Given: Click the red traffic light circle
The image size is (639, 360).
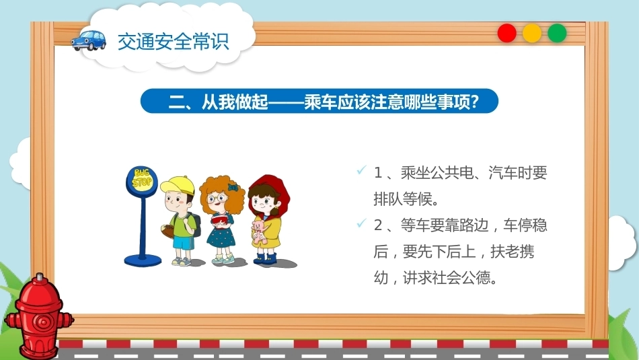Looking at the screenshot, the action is pos(507,33).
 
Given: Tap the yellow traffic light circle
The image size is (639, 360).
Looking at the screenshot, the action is pos(532,33).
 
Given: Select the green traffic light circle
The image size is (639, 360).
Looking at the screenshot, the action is pos(557,33).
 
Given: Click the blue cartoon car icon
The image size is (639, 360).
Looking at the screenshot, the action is pos(88,40).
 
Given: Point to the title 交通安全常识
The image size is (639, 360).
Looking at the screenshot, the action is pos(173,41).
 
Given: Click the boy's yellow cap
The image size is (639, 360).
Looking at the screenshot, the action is pos(178,186).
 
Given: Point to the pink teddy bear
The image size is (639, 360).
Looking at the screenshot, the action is pos(259,232).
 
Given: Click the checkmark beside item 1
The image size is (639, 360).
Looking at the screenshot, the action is pos(361,170).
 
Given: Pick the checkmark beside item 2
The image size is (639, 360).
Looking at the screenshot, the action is pos(361,223).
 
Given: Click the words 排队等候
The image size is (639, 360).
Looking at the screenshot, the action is pos(403,199).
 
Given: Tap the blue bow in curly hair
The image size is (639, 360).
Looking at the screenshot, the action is pos(233,188).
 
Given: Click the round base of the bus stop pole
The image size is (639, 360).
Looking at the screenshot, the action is pos(143,260).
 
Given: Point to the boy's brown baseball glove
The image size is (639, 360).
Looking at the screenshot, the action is pos(169,231).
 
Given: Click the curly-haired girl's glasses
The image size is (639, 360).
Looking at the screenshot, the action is pos(217,199).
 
